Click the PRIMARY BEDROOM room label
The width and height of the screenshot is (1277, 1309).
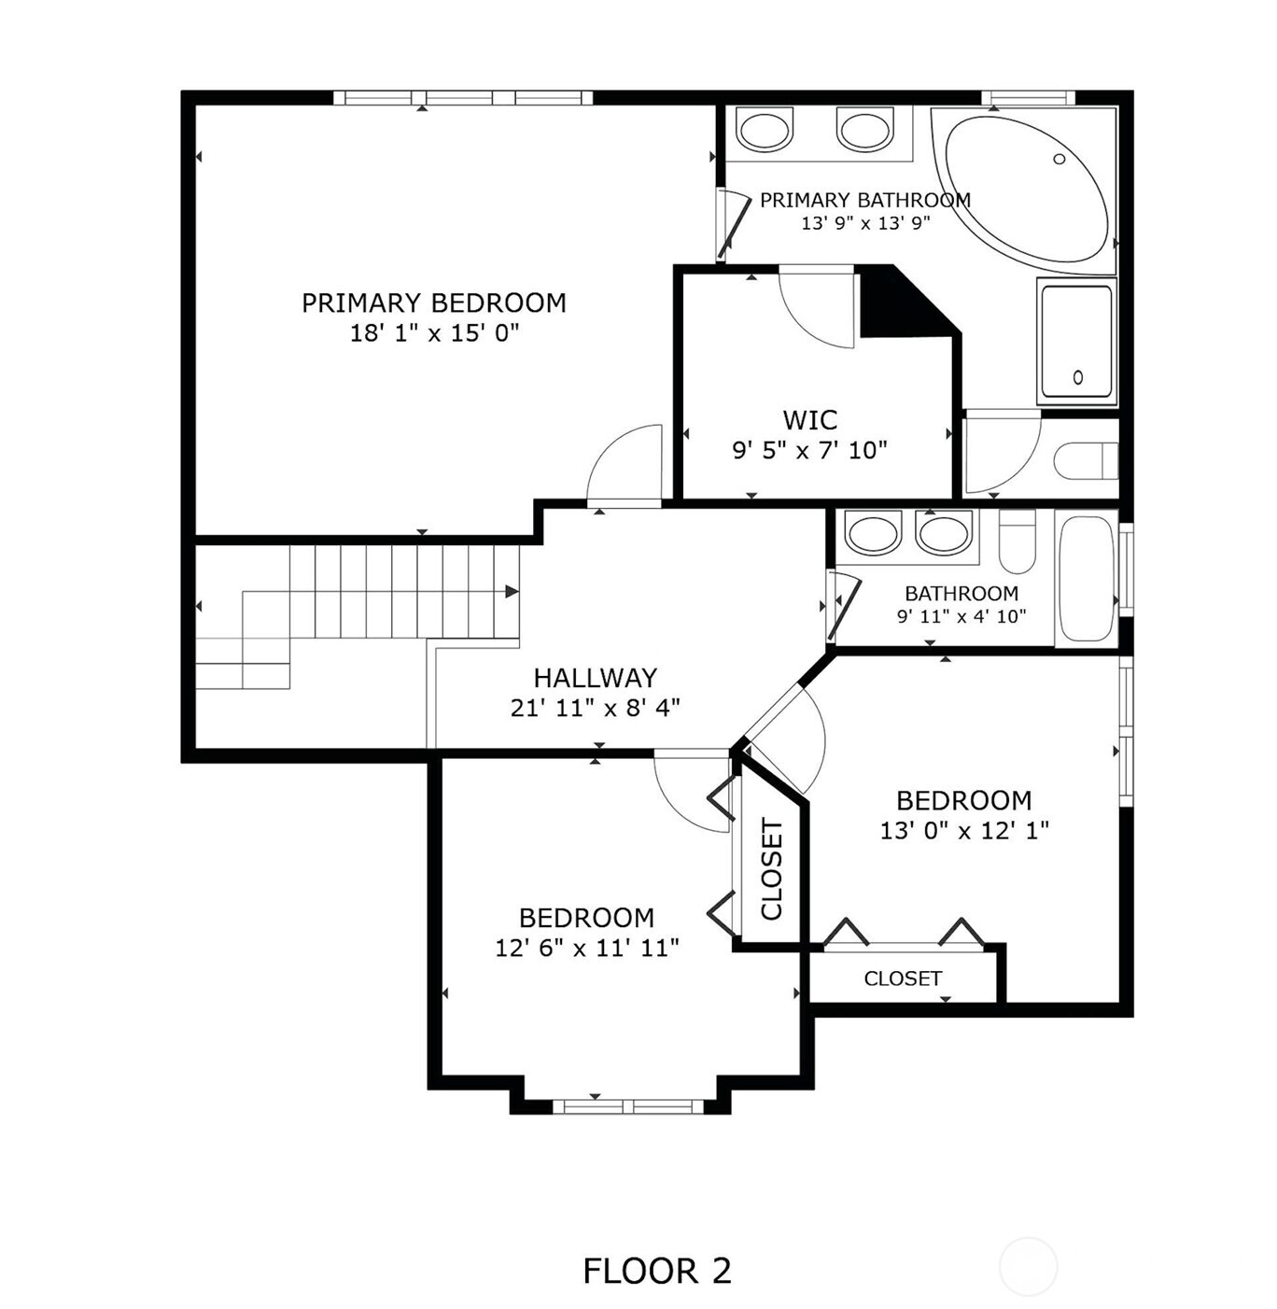[433, 303]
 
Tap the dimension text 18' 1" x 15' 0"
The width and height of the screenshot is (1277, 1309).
[433, 333]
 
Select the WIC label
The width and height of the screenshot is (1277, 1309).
[809, 419]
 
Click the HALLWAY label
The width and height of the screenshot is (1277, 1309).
[595, 678]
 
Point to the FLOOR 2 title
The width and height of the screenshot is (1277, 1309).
[656, 1271]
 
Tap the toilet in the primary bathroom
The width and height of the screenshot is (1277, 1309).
[1083, 460]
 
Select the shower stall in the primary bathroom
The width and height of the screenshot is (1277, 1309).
[1076, 342]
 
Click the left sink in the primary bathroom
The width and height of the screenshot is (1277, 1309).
[765, 130]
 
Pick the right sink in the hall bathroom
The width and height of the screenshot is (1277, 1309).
[944, 534]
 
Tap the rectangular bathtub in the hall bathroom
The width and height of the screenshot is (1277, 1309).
[1086, 579]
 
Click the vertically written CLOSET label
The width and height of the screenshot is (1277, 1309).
[772, 869]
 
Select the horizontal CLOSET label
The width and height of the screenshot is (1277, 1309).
[903, 978]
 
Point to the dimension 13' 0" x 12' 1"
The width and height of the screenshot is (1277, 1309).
[963, 830]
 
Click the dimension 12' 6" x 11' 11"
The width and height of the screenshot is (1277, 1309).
[586, 949]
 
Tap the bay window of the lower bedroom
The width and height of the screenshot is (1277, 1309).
[627, 1106]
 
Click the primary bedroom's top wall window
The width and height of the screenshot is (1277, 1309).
[463, 98]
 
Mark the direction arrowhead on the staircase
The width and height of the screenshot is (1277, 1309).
[512, 591]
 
